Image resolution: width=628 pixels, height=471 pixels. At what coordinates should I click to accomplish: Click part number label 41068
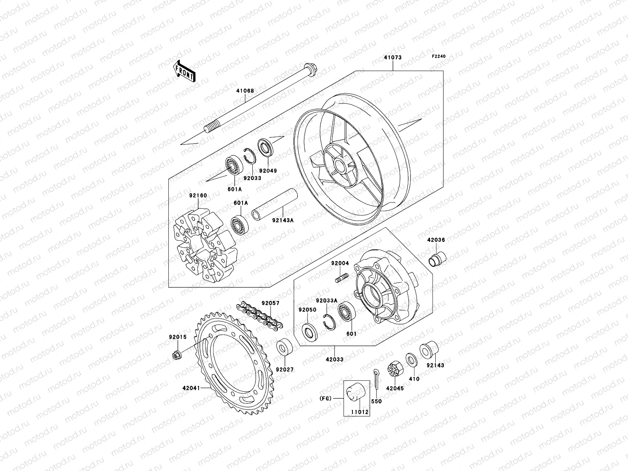point(245,91)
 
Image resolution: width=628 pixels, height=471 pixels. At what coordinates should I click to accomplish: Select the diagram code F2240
point(439,57)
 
